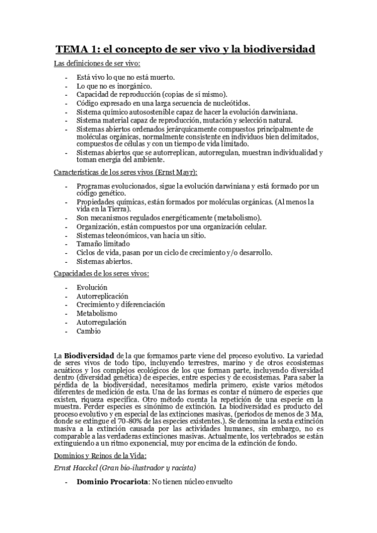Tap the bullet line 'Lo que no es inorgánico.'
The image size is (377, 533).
[x=114, y=85]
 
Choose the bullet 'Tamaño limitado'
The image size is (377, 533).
[x=103, y=243]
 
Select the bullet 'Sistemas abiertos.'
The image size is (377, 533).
[x=104, y=260]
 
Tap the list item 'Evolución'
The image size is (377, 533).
[x=93, y=287]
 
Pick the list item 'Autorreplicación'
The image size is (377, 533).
[x=103, y=295]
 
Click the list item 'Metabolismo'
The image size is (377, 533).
[x=97, y=313]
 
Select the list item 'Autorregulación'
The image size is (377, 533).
[x=101, y=322]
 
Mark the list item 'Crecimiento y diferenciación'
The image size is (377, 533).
[x=121, y=304]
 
